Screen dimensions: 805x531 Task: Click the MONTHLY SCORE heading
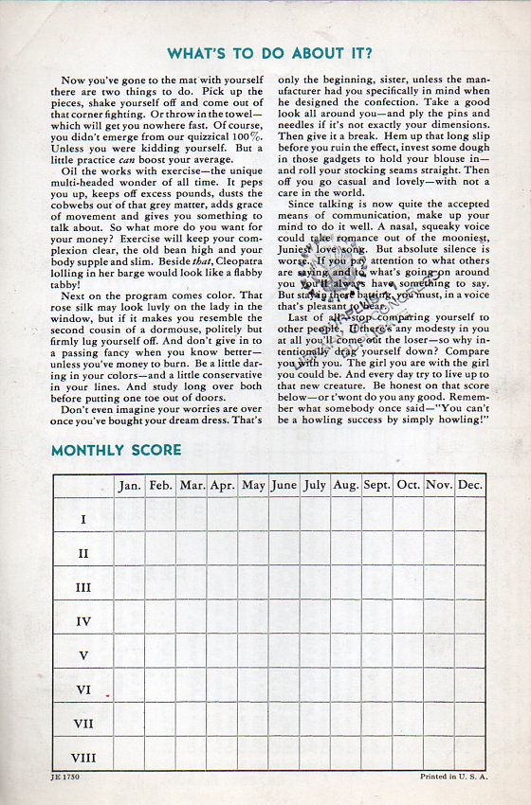pyautogui.click(x=116, y=451)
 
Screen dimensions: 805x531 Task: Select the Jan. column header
pyautogui.click(x=130, y=485)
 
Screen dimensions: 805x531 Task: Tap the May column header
pyautogui.click(x=253, y=485)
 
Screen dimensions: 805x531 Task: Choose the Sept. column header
pyautogui.click(x=376, y=485)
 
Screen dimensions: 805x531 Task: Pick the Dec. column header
pyautogui.click(x=469, y=485)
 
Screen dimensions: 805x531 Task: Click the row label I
pyautogui.click(x=83, y=519)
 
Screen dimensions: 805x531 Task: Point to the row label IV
pyautogui.click(x=83, y=621)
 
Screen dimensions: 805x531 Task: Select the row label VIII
pyautogui.click(x=83, y=758)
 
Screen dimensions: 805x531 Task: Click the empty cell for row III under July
pyautogui.click(x=315, y=587)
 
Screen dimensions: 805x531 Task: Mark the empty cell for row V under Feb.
pyautogui.click(x=160, y=655)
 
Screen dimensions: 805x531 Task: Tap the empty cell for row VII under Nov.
pyautogui.click(x=439, y=724)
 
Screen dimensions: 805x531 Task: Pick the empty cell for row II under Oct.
pyautogui.click(x=409, y=553)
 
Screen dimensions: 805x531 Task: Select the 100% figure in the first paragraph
pyautogui.click(x=247, y=137)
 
